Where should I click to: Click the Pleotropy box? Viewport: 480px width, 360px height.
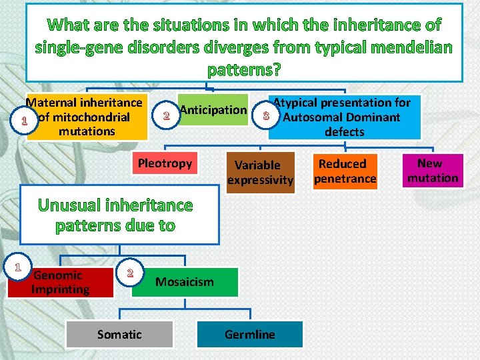click(165, 163)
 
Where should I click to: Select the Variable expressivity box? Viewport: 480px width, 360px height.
click(260, 172)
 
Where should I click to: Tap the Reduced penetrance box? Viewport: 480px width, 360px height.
click(345, 171)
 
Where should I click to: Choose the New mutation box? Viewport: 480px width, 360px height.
click(433, 171)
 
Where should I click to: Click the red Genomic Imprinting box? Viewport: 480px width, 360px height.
click(61, 282)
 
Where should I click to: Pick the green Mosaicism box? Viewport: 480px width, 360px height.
click(185, 282)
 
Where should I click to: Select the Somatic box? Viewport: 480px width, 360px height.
click(119, 335)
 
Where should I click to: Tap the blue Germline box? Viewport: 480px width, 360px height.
click(250, 335)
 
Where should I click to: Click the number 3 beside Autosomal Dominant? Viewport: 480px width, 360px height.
click(266, 117)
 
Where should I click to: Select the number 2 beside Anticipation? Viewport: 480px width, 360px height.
click(166, 116)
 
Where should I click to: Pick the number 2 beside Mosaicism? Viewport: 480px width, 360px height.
click(130, 272)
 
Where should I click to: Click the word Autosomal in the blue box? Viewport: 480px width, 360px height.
click(312, 117)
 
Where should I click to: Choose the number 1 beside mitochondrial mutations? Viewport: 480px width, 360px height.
click(24, 122)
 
